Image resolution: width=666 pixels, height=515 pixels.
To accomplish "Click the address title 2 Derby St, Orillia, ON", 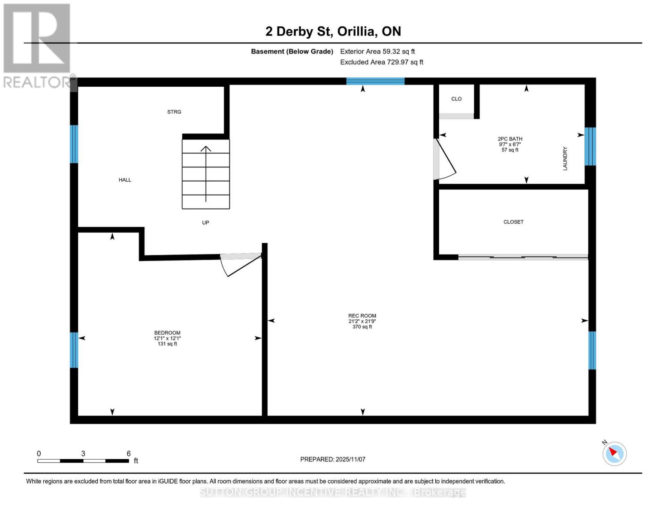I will [333, 31].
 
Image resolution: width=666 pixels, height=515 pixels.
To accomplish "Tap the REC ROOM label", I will [362, 316].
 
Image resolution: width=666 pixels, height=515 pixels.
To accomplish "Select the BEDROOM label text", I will [167, 333].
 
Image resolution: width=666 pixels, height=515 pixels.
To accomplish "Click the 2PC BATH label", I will [510, 139].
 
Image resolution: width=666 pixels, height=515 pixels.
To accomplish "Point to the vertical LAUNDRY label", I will [565, 158].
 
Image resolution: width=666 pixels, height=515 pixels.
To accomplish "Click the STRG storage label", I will [174, 112].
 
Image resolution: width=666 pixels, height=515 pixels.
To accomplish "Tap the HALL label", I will [125, 180].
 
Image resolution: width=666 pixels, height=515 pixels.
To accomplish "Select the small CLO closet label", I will [456, 99].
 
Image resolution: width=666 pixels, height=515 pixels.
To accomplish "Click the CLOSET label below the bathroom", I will [513, 222].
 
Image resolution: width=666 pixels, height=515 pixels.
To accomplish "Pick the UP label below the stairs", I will [205, 223].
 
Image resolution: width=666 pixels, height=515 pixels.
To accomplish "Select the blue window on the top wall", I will [375, 81].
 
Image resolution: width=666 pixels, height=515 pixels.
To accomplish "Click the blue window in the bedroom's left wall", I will [74, 350].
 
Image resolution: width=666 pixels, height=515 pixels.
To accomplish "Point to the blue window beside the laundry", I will [590, 146].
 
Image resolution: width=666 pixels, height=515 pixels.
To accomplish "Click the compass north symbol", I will [614, 453].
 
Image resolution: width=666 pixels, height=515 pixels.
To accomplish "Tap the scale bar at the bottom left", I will [83, 461].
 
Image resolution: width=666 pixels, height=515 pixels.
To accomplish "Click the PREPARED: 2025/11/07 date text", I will [333, 459].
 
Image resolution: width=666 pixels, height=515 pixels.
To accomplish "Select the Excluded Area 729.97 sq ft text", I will [382, 62].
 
